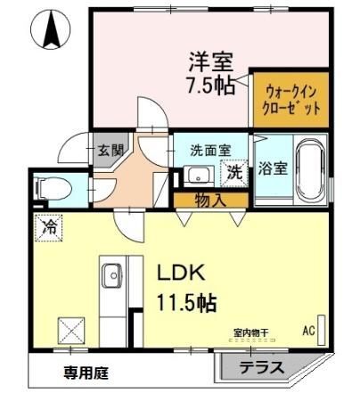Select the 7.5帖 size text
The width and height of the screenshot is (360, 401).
pyautogui.click(x=210, y=87)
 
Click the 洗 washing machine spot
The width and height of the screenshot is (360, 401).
pyautogui.click(x=234, y=172)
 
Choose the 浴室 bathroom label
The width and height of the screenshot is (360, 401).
pyautogui.click(x=273, y=168)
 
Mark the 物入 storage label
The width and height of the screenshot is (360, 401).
pyautogui.click(x=210, y=200)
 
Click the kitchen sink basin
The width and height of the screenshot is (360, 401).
pyautogui.click(x=113, y=276)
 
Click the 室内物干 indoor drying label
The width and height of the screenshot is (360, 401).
pyautogui.click(x=250, y=333)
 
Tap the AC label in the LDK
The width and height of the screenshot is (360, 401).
pyautogui.click(x=309, y=331)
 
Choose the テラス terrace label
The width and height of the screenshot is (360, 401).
pyautogui.click(x=261, y=367)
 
